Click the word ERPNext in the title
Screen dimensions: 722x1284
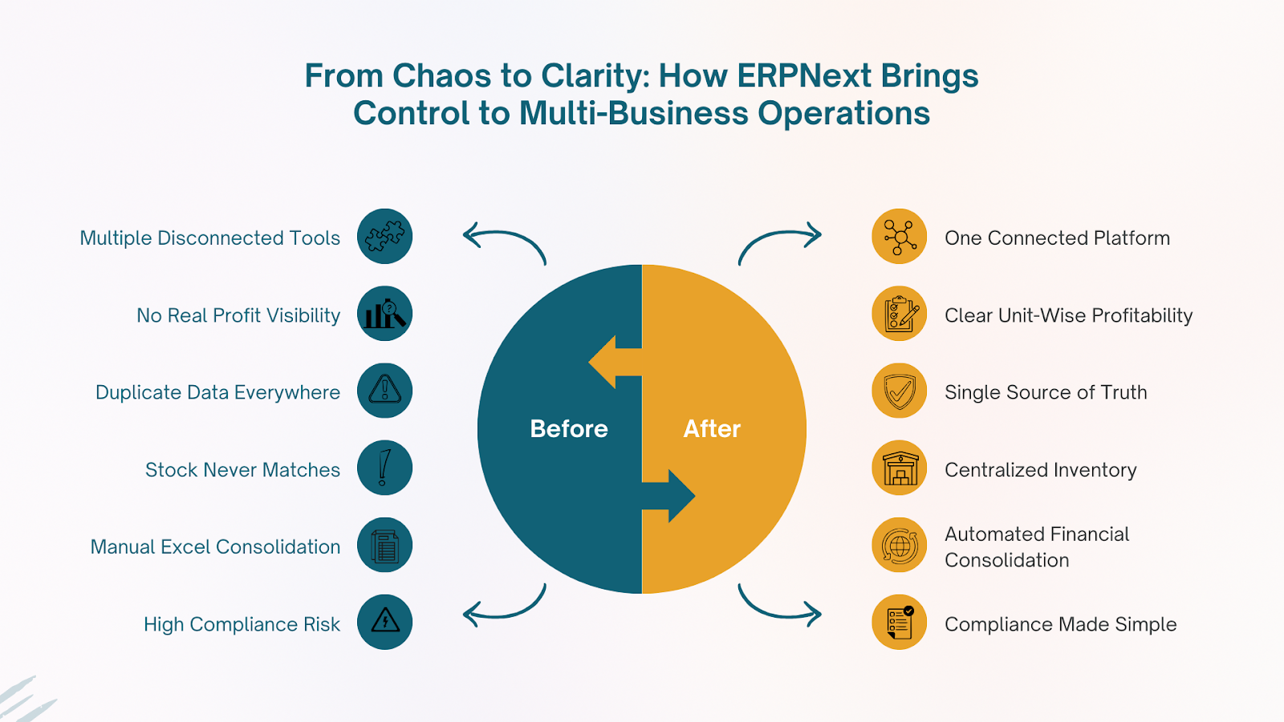point(803,76)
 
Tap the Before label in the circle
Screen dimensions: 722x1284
point(569,429)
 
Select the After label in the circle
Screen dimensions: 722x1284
point(712,429)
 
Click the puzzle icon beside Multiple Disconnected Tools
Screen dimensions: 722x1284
point(384,237)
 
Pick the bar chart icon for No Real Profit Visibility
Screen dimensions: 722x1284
point(384,314)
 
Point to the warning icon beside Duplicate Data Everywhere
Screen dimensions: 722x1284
point(384,391)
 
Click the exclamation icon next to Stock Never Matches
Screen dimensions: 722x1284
point(384,468)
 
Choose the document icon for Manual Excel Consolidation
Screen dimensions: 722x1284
point(384,546)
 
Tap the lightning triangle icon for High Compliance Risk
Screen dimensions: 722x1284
point(384,622)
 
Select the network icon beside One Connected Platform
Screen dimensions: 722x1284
point(900,237)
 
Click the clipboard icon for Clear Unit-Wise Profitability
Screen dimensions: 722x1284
point(900,314)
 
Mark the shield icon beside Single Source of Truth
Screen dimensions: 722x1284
point(900,391)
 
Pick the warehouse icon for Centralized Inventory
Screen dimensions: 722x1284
point(900,468)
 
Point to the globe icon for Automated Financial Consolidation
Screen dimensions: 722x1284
point(900,546)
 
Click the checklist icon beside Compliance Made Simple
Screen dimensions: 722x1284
point(900,622)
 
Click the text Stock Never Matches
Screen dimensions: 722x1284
point(242,470)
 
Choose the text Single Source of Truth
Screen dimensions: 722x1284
point(1046,392)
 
